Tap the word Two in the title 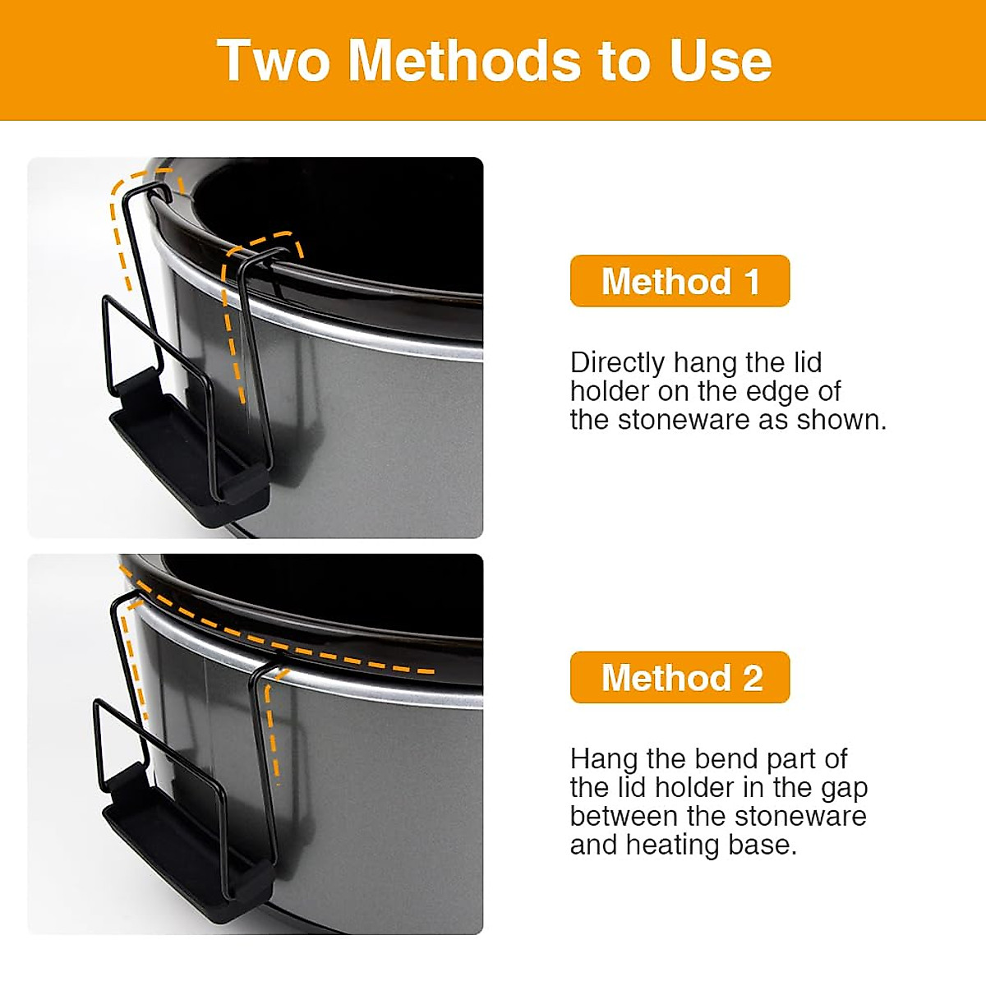(x=274, y=61)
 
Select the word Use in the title (x=721, y=61)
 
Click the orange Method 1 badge (x=680, y=281)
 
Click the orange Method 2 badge (x=680, y=678)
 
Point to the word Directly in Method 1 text (x=617, y=362)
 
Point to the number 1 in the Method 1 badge (x=752, y=281)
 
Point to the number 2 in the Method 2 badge (x=753, y=678)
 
